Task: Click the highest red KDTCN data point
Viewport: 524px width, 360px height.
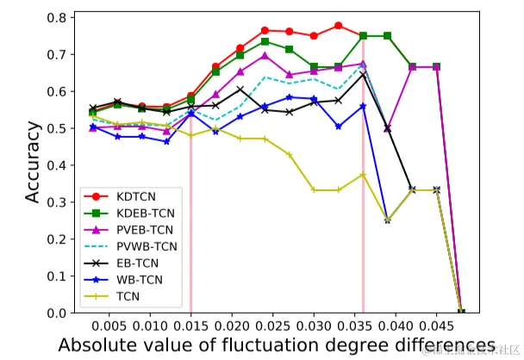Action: click(x=338, y=26)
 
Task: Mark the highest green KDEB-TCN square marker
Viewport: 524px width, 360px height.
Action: click(x=363, y=35)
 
